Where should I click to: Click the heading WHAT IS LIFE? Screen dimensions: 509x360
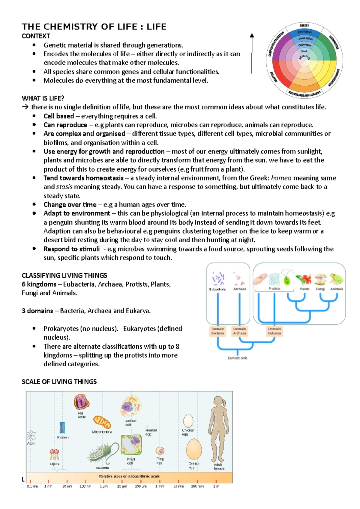(x=43, y=98)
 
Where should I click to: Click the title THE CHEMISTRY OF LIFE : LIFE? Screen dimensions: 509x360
(x=94, y=27)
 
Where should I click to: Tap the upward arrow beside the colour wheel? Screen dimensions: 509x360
(x=252, y=53)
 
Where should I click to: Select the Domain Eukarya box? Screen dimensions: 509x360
(x=274, y=331)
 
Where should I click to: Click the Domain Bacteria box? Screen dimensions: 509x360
(x=218, y=331)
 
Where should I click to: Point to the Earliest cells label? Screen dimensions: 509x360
(x=238, y=358)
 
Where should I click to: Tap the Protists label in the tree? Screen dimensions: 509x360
(x=274, y=288)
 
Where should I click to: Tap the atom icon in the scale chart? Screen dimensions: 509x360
(x=31, y=436)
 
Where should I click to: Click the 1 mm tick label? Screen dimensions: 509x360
(x=160, y=486)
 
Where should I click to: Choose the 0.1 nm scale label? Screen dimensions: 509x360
(x=32, y=486)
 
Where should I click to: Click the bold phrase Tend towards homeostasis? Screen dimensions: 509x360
(x=83, y=178)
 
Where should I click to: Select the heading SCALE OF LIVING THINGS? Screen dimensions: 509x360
(x=59, y=382)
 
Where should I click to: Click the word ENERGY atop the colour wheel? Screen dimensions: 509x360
(x=304, y=25)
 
